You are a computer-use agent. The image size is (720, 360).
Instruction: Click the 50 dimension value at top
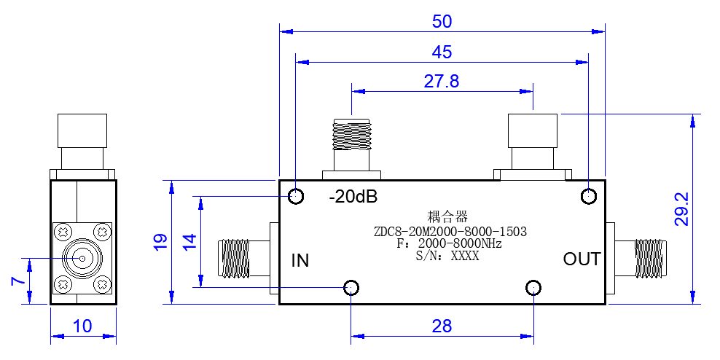[442, 22]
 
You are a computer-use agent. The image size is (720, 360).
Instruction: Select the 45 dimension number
[442, 52]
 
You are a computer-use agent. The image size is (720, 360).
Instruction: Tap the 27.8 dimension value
[442, 82]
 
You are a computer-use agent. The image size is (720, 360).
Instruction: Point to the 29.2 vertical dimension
[681, 209]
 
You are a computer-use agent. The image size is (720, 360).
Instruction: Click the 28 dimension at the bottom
[442, 326]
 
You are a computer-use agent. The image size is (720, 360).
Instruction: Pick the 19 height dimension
[161, 241]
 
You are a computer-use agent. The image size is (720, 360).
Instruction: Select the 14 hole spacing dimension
[189, 241]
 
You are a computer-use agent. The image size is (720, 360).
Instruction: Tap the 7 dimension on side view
[18, 281]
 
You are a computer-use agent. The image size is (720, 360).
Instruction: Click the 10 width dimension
[82, 326]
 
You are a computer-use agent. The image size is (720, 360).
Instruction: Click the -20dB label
[353, 197]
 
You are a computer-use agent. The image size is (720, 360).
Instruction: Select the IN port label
[300, 261]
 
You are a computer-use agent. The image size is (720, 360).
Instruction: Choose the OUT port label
[582, 259]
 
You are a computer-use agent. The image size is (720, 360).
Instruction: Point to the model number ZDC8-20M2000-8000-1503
[450, 232]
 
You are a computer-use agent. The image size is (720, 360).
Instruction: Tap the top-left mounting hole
[296, 197]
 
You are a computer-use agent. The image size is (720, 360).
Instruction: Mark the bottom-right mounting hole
[533, 288]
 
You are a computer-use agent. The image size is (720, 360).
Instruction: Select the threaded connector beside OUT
[651, 259]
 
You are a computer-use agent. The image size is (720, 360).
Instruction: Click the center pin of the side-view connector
[82, 259]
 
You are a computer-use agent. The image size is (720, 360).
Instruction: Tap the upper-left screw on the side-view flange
[63, 231]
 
